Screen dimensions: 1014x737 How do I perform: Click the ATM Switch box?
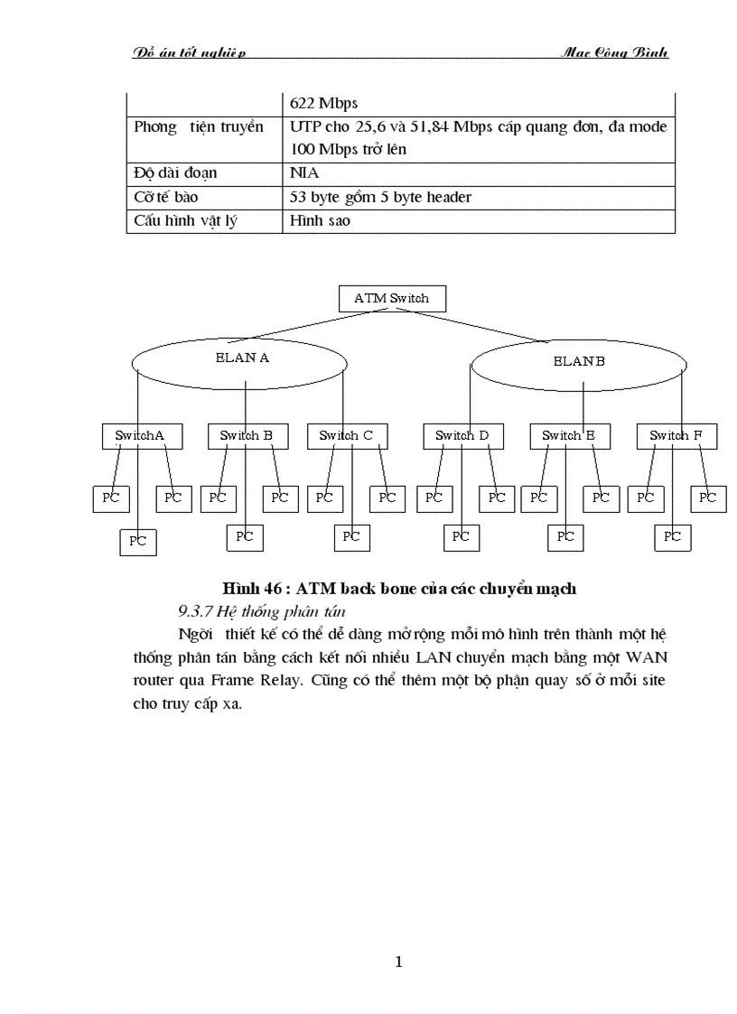[392, 299]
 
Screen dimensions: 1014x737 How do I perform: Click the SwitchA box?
[141, 436]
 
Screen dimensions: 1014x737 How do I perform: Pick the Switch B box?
[247, 436]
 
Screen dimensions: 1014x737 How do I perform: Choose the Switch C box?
[346, 436]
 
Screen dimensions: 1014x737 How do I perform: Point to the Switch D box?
[462, 436]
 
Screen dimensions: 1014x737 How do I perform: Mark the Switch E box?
[568, 436]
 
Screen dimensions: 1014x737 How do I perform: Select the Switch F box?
[676, 436]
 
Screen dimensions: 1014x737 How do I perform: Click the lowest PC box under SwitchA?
[138, 542]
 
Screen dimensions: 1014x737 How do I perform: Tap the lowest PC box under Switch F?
[673, 537]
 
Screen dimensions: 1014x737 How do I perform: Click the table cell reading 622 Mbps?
[323, 103]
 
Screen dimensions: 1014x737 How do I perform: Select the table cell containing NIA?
[304, 172]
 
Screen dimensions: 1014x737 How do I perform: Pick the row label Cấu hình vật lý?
[185, 220]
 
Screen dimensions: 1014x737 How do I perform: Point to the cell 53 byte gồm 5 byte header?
[380, 197]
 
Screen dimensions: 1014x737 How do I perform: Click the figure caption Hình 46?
[399, 589]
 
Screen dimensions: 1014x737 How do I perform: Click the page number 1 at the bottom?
[398, 962]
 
